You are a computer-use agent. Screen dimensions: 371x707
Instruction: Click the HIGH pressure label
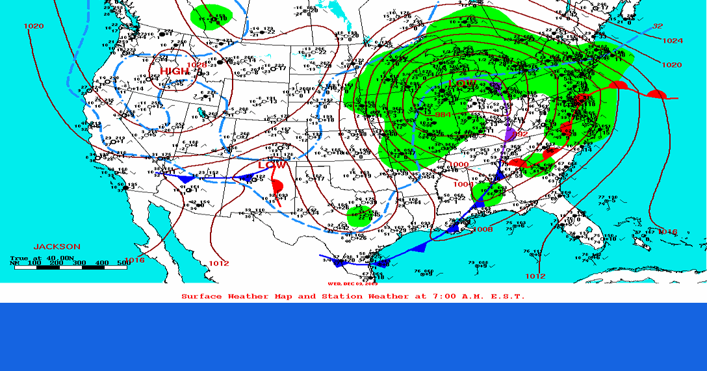tap(173, 71)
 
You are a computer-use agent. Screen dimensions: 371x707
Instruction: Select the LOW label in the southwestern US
tap(272, 165)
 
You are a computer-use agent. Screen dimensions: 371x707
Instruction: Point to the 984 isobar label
tap(443, 115)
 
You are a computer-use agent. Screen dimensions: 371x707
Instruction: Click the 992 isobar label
tap(521, 133)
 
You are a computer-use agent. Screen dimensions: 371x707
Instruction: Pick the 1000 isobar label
tap(458, 165)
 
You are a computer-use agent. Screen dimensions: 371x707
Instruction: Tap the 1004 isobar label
tap(463, 184)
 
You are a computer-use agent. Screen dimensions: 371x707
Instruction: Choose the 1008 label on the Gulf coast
tap(483, 229)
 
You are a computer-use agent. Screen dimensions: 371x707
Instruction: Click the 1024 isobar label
tap(673, 41)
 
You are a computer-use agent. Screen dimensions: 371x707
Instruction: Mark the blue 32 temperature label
tap(658, 26)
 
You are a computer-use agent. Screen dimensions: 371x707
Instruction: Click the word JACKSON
tap(57, 247)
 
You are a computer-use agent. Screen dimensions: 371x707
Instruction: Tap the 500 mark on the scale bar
tap(122, 262)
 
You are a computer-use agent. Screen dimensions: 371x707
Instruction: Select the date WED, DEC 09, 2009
tap(353, 284)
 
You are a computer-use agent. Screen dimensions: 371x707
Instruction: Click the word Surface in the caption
tap(201, 296)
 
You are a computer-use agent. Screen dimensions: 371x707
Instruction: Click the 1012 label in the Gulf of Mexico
tap(535, 276)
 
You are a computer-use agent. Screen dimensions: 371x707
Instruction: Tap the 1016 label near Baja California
tap(135, 261)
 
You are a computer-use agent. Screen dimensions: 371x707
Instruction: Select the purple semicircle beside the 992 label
tap(510, 135)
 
